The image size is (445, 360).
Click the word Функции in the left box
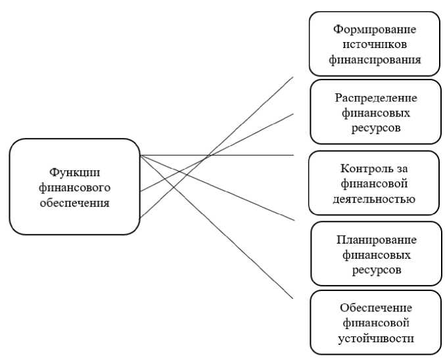(x=73, y=172)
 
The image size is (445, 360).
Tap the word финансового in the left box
(x=73, y=188)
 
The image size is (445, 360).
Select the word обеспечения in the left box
(x=73, y=203)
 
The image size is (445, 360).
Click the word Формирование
(x=375, y=29)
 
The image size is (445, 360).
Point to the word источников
(x=375, y=44)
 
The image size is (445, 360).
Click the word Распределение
(x=375, y=98)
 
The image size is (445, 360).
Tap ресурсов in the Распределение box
(x=375, y=128)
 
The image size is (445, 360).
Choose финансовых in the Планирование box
(x=375, y=254)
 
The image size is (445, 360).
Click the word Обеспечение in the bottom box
(x=375, y=308)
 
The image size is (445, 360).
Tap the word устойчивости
(x=375, y=339)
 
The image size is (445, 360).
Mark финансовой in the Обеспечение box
(x=375, y=323)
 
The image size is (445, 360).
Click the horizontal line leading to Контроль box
(x=250, y=156)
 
